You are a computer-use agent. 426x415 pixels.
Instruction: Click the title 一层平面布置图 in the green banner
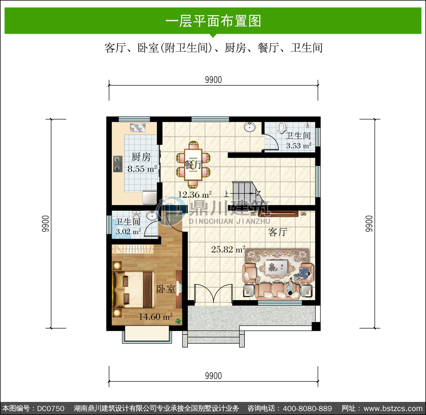213,21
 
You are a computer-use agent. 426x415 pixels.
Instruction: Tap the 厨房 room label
141,157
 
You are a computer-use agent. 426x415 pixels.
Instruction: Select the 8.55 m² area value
142,169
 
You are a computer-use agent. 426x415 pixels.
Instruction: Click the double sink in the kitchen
138,128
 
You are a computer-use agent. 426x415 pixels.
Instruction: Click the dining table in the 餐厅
193,165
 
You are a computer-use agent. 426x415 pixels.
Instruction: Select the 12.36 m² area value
195,195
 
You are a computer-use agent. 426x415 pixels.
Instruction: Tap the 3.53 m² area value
298,146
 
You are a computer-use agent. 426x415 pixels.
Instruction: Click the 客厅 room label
278,232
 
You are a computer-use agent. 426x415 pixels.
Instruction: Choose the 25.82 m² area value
228,249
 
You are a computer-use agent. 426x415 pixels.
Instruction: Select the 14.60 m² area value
156,316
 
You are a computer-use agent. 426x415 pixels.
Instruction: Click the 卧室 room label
166,289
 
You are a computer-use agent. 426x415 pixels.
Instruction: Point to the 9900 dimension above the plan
213,80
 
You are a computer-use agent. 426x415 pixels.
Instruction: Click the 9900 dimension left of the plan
45,223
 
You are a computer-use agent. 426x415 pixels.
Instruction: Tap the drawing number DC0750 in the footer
51,408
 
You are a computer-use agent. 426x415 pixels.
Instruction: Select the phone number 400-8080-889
307,408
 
